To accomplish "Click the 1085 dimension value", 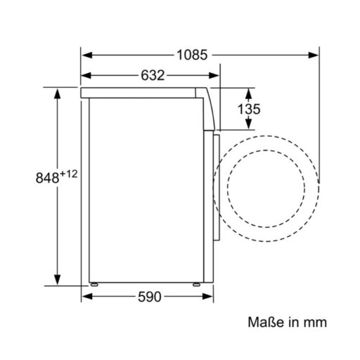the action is [x=192, y=55].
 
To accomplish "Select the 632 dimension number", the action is [x=153, y=75].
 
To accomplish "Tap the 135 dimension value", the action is [x=249, y=109].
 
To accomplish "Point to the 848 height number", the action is [x=47, y=177].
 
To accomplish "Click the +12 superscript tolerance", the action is [x=69, y=174].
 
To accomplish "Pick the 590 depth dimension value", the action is [x=150, y=297].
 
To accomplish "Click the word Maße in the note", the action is [x=266, y=322].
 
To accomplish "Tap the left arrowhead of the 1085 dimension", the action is [x=87, y=56].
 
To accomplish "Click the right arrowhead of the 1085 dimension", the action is [x=313, y=56].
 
